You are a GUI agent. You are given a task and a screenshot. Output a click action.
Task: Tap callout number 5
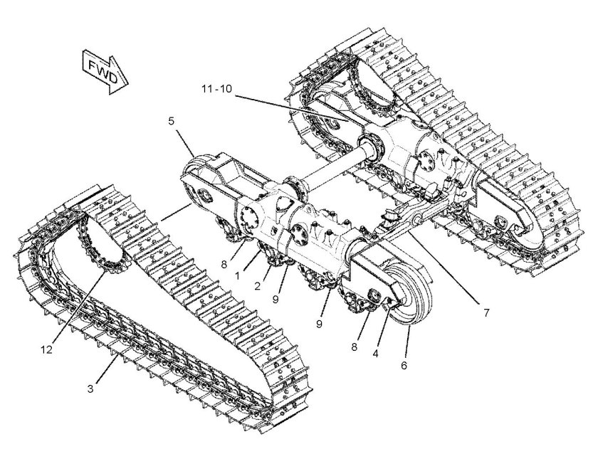point(172,120)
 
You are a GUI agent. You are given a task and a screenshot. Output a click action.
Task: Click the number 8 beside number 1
point(224,263)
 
